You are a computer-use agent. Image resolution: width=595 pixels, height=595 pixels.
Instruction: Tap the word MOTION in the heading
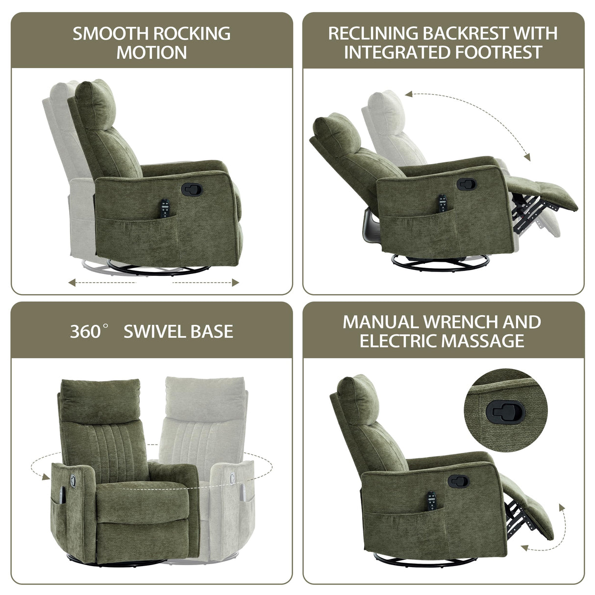(x=151, y=52)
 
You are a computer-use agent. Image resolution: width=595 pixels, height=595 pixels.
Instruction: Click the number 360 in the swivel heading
(x=85, y=332)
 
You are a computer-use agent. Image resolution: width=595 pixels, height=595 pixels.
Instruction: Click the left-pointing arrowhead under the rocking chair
(x=72, y=282)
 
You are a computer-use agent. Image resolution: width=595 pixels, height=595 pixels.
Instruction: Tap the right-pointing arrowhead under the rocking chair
(x=236, y=282)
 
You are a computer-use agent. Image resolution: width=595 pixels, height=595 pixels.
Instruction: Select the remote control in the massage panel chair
(x=432, y=502)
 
